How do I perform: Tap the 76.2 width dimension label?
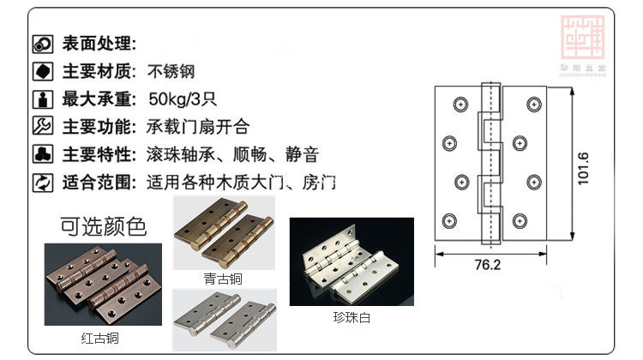(x=486, y=265)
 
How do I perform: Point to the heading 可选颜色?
(x=104, y=226)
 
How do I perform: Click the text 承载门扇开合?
(x=198, y=127)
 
